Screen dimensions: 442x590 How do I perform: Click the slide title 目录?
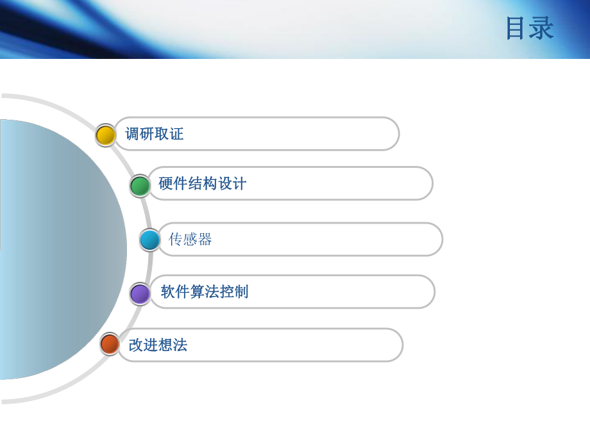(529, 29)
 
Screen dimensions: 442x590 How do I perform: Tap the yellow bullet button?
(105, 135)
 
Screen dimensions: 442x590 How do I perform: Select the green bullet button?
(140, 186)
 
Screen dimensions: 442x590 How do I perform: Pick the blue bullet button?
(150, 240)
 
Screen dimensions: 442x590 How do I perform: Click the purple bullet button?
(140, 294)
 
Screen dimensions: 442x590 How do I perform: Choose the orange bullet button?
(110, 344)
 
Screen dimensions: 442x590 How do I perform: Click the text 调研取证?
(155, 134)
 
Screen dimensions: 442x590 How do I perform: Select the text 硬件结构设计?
(203, 184)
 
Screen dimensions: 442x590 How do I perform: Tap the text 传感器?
(190, 240)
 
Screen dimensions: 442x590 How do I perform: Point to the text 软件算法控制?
(205, 292)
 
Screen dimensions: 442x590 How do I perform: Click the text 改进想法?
(158, 345)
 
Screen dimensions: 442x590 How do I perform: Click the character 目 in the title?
(517, 29)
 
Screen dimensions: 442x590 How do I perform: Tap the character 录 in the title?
(542, 29)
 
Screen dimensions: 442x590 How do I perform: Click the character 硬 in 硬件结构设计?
(166, 184)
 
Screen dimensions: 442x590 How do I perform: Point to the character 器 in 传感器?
(205, 240)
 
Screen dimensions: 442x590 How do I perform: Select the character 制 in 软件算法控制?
(241, 292)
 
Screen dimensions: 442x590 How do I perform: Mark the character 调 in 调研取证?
(133, 134)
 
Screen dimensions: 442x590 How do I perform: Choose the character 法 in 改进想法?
(180, 345)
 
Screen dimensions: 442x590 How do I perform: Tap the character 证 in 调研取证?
(176, 134)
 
